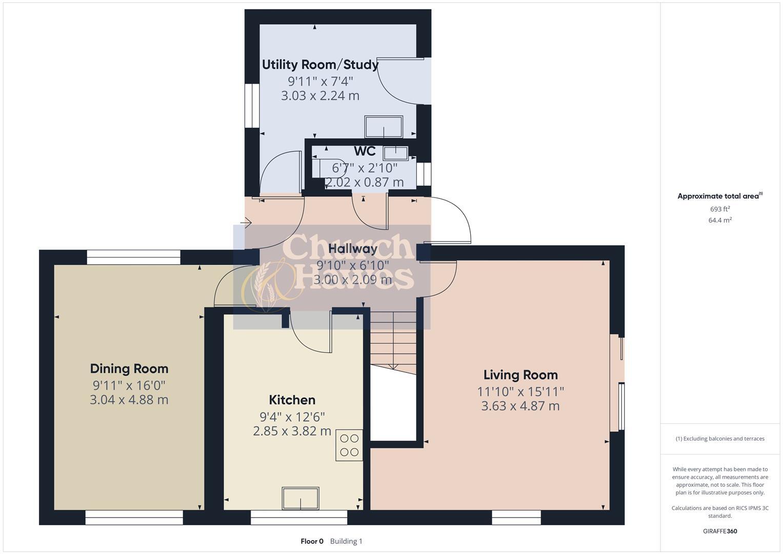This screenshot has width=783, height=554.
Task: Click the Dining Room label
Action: [129, 368]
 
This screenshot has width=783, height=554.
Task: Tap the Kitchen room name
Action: [292, 400]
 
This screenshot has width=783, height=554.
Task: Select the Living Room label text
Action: [520, 374]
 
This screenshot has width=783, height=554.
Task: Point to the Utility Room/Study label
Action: [320, 65]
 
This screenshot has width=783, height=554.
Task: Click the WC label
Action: [365, 151]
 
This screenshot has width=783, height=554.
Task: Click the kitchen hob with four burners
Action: [349, 445]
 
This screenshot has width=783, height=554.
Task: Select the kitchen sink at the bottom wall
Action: [300, 499]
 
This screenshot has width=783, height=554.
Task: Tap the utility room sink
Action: [384, 127]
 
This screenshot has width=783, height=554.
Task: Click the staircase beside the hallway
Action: [393, 339]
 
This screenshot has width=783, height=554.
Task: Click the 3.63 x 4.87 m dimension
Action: [520, 406]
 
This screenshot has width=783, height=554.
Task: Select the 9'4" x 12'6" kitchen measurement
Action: [292, 417]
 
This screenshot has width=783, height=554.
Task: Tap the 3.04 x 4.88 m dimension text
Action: [129, 400]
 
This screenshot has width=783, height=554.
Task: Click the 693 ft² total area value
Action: [720, 209]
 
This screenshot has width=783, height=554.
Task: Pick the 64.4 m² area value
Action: [720, 220]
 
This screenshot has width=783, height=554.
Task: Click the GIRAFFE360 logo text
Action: [720, 531]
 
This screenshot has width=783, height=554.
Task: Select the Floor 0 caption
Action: [312, 541]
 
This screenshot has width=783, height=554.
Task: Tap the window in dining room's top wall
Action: [133, 257]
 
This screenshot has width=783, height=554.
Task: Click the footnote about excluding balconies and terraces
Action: [720, 439]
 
